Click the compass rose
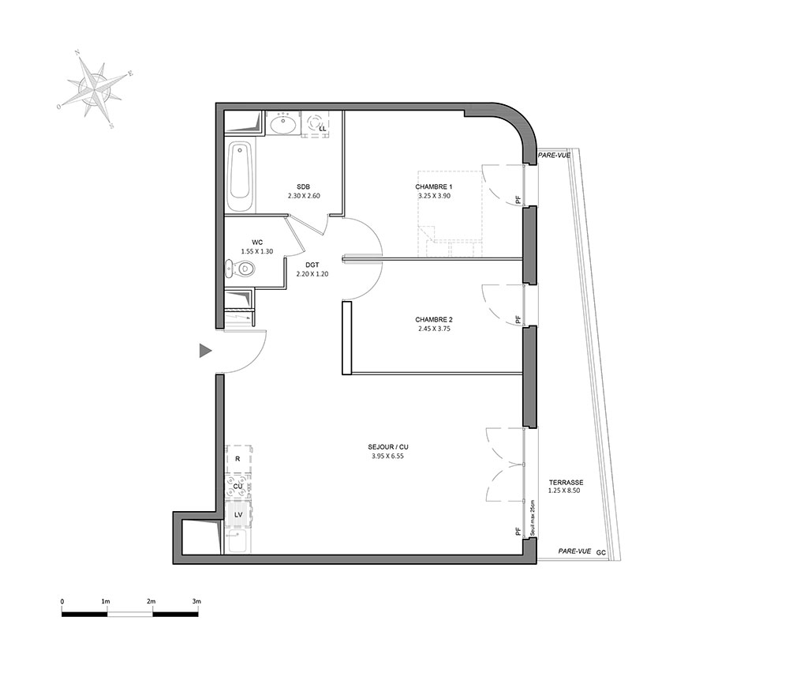95,90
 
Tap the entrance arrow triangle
205,351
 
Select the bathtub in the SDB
240,177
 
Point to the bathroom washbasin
283,123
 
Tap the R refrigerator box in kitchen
238,459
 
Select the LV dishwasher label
238,514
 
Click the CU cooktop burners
238,487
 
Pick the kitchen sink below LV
237,540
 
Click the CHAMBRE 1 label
434,187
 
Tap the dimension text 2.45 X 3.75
433,329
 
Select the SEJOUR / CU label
388,447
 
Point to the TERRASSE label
566,482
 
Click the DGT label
312,265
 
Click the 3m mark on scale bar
196,601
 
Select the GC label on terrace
600,553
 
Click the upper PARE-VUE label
555,155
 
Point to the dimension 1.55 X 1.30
257,251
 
